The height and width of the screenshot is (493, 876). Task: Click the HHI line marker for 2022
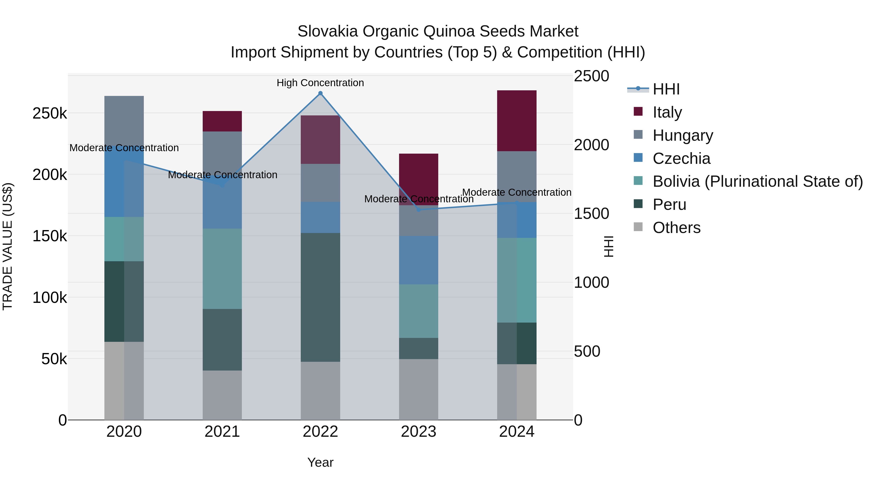tap(320, 93)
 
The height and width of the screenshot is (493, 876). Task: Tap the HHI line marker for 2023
tap(419, 210)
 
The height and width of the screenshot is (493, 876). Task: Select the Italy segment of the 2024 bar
tap(517, 121)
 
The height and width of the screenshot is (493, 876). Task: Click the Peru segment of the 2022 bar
tap(320, 297)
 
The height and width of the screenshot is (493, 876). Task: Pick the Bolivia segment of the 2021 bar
tap(222, 269)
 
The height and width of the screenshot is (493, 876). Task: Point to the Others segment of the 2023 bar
tap(418, 389)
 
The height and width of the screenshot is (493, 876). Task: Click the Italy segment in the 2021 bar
tap(222, 121)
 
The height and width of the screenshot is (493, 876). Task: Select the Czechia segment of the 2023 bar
tap(418, 260)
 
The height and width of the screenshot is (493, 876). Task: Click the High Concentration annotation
tap(320, 83)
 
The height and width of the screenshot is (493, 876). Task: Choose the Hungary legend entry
tap(683, 135)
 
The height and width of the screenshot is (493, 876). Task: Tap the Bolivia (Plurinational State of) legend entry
tap(757, 181)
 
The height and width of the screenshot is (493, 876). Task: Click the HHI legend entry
tap(666, 89)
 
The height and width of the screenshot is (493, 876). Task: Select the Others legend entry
tap(676, 228)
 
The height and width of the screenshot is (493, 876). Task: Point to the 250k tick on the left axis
tap(50, 113)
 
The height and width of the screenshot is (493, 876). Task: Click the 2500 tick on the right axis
tap(591, 76)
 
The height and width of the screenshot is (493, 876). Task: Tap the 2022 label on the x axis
tap(320, 432)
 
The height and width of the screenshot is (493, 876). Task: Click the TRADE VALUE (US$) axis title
tap(8, 246)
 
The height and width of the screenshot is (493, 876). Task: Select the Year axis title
tap(320, 462)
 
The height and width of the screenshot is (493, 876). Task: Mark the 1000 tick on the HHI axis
tap(591, 282)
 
